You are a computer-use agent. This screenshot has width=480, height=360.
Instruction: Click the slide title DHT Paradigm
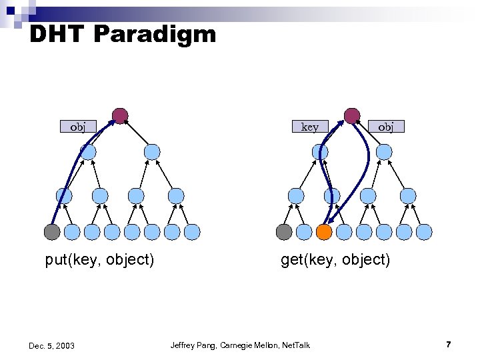(123, 33)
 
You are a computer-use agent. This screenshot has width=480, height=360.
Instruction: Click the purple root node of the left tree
(120, 116)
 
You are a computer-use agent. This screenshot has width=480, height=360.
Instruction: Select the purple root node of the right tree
(352, 116)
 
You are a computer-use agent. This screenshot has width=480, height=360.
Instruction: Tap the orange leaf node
(324, 232)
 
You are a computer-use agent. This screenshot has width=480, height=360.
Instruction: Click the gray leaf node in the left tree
(52, 232)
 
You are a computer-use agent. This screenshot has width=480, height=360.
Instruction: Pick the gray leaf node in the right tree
(284, 232)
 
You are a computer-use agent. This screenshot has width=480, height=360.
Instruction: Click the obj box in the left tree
(78, 126)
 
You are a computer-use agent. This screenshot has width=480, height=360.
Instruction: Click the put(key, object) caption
(99, 260)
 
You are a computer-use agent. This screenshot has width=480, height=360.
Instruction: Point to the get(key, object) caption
(335, 260)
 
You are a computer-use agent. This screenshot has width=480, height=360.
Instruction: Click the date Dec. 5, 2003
(52, 345)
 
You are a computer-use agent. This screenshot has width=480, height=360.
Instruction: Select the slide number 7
(449, 345)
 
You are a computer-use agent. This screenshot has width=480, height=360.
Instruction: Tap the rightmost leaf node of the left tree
(192, 232)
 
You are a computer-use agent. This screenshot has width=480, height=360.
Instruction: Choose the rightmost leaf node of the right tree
(424, 232)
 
